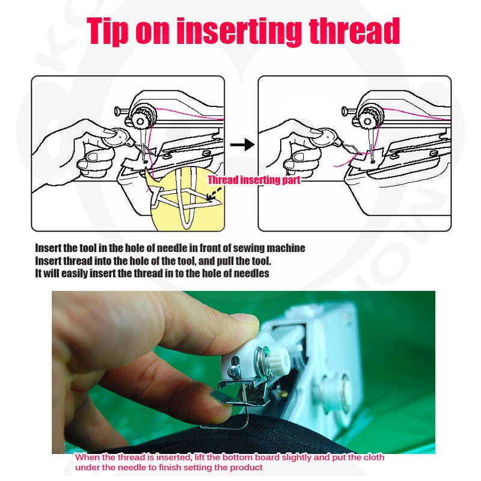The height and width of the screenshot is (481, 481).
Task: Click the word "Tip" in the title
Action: click(108, 31)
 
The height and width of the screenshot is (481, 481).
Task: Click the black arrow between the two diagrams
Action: click(242, 144)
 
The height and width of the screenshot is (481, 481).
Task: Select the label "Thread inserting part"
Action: click(254, 180)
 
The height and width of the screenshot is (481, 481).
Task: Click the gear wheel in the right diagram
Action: click(368, 118)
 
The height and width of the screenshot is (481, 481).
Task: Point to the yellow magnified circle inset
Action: click(188, 199)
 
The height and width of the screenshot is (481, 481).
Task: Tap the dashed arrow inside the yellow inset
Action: click(214, 194)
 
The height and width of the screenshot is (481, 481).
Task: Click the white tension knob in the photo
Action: click(278, 359)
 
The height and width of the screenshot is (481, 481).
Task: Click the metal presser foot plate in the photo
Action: click(240, 394)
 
